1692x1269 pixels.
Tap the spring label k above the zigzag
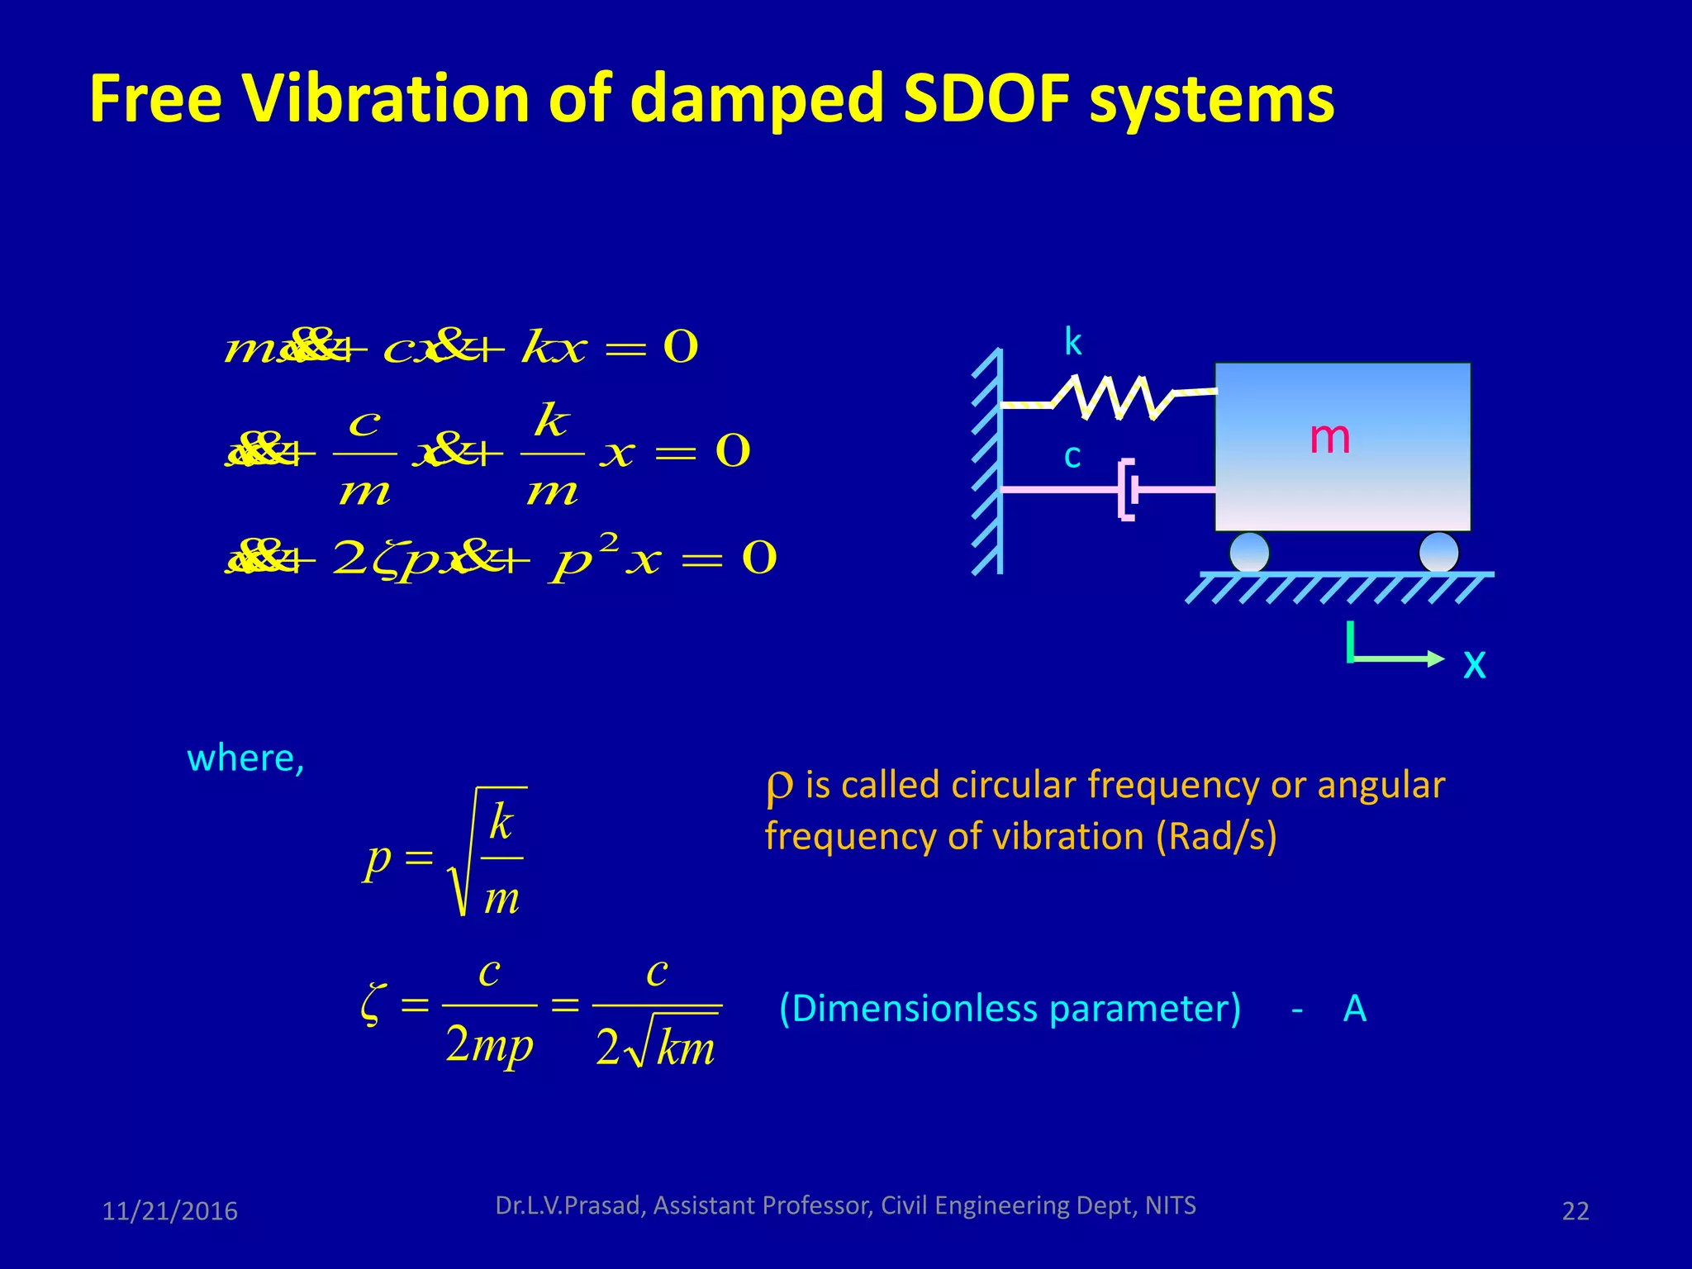(x=1072, y=342)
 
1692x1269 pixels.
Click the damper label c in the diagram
(x=1072, y=456)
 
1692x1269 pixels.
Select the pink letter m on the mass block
(x=1329, y=437)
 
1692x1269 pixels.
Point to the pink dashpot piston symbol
(x=1128, y=489)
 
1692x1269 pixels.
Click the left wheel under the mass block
(x=1248, y=552)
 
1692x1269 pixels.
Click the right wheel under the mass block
(x=1438, y=552)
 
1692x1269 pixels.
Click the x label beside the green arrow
(x=1474, y=663)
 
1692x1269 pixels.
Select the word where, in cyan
(x=245, y=758)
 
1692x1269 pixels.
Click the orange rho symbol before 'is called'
(x=778, y=787)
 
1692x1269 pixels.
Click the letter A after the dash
(x=1354, y=1009)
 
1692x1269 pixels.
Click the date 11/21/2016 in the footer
(x=169, y=1211)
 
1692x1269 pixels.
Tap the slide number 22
(x=1575, y=1211)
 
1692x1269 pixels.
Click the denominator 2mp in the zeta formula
(x=489, y=1045)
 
